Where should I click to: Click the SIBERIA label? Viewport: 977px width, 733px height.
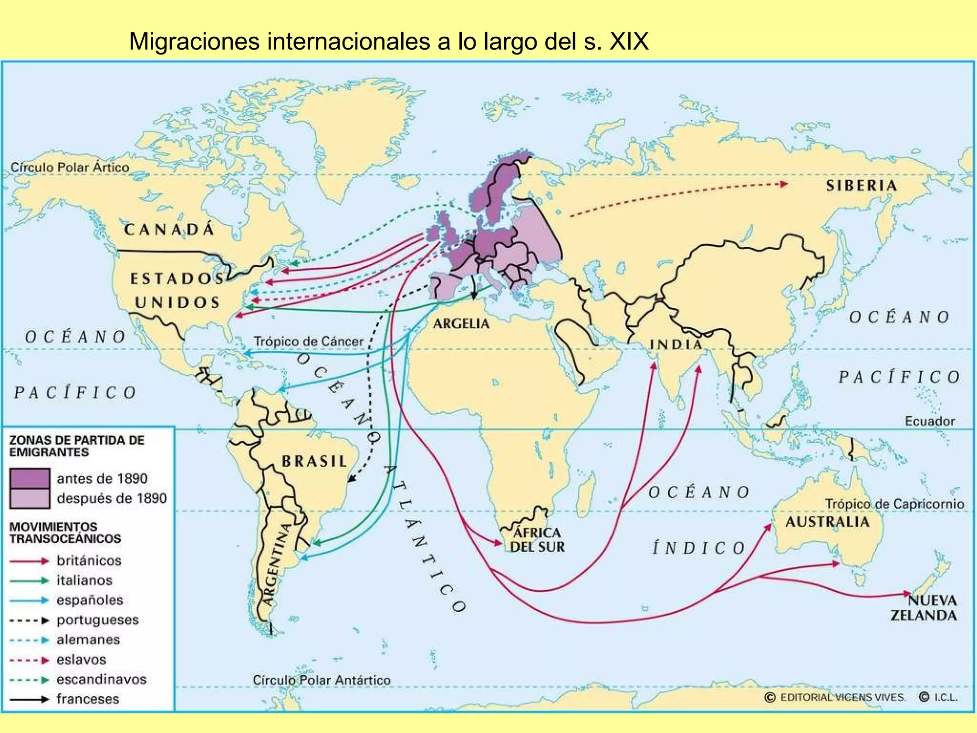[862, 186]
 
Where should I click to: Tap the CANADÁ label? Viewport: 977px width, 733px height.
[169, 230]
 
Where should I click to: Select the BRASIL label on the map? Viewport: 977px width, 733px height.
[314, 461]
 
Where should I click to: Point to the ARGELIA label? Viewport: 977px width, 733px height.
[461, 324]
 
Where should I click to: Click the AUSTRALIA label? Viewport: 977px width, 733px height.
[827, 522]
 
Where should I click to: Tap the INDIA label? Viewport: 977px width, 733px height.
[676, 344]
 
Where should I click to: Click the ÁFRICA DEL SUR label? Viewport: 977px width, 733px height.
[537, 540]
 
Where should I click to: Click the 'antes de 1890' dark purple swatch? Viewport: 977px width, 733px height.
[30, 478]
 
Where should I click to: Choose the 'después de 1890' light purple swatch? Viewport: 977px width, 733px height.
[30, 498]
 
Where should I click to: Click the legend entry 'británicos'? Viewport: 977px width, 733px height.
[89, 561]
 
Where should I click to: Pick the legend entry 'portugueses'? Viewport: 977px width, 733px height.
[97, 620]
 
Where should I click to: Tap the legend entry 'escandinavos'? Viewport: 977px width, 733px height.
[101, 679]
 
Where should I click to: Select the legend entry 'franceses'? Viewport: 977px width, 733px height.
[88, 699]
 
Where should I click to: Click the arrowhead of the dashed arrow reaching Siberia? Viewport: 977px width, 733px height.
[784, 184]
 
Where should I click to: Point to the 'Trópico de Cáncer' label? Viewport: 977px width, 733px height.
[308, 341]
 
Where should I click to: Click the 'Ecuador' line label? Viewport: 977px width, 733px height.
[930, 421]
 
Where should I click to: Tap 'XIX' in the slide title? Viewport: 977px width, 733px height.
[629, 42]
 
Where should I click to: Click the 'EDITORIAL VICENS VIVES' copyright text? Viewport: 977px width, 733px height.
[842, 697]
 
